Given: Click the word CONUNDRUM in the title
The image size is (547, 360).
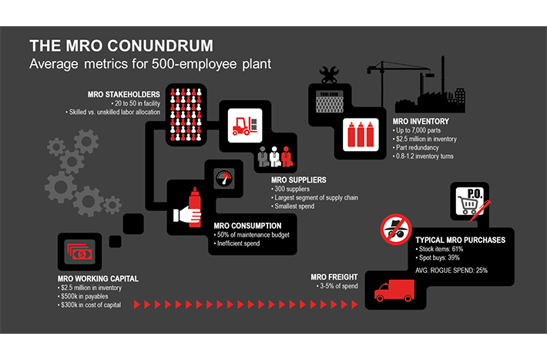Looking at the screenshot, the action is [x=159, y=45].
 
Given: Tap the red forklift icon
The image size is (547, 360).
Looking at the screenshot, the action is [x=244, y=126].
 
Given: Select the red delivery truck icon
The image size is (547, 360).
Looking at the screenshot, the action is [x=394, y=291].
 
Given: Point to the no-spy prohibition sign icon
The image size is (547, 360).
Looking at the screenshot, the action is [x=396, y=230].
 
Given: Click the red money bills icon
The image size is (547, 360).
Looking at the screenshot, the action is [x=81, y=252].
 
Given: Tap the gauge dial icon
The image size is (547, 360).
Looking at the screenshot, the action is [x=223, y=178].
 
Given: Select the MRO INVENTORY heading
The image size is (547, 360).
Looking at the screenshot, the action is [x=421, y=121].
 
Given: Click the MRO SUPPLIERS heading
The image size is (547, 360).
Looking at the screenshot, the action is [x=299, y=180].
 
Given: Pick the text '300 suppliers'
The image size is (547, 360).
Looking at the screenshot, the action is [x=292, y=189].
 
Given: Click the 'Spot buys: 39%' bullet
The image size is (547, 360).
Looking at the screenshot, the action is [x=439, y=257].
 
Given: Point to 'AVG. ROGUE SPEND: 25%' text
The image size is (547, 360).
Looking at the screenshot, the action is [x=451, y=271].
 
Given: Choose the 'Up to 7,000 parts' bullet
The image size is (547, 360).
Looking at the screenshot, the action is [x=418, y=130].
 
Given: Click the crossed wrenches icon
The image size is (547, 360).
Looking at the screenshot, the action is [x=329, y=74].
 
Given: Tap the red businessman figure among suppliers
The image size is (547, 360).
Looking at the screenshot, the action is [x=287, y=156].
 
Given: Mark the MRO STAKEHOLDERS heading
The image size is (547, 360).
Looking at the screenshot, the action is [x=124, y=95].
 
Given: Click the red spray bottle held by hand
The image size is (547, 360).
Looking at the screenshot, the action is [x=195, y=207].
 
